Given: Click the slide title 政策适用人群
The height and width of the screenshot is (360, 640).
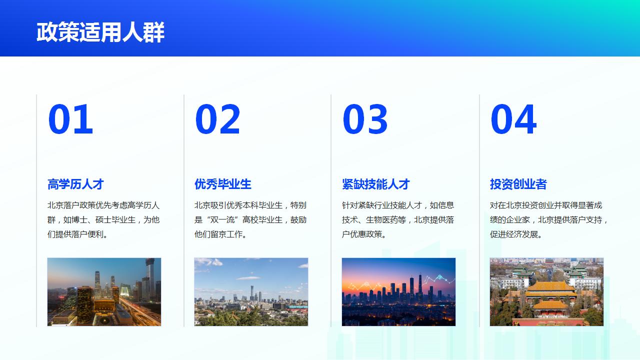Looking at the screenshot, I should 100,32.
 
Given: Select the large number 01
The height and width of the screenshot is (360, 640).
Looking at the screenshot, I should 70,120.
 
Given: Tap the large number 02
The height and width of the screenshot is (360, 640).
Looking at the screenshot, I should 217,120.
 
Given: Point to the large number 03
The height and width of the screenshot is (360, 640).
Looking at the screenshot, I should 365,120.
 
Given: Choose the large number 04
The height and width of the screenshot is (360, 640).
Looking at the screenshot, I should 513,120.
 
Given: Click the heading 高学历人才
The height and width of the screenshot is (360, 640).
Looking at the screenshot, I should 75,184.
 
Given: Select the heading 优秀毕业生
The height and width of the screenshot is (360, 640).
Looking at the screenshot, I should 223,184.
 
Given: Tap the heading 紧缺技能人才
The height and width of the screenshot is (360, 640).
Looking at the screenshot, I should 376,184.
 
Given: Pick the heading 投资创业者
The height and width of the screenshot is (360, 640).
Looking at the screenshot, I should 518,184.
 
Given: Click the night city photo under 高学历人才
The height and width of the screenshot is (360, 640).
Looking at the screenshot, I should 104,292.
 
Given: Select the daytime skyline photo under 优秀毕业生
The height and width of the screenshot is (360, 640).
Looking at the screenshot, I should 251,292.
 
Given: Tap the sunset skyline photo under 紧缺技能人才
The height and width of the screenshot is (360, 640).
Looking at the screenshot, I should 398,292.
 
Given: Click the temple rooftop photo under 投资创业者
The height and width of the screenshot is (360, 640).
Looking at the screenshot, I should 546,292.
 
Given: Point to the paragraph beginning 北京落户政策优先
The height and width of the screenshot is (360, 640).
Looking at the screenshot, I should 103,219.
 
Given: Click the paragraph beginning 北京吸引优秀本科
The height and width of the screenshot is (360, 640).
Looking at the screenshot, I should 250,219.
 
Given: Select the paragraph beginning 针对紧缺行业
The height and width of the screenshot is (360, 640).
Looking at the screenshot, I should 398,219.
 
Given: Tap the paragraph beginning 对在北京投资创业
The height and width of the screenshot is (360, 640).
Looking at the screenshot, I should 549,219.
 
